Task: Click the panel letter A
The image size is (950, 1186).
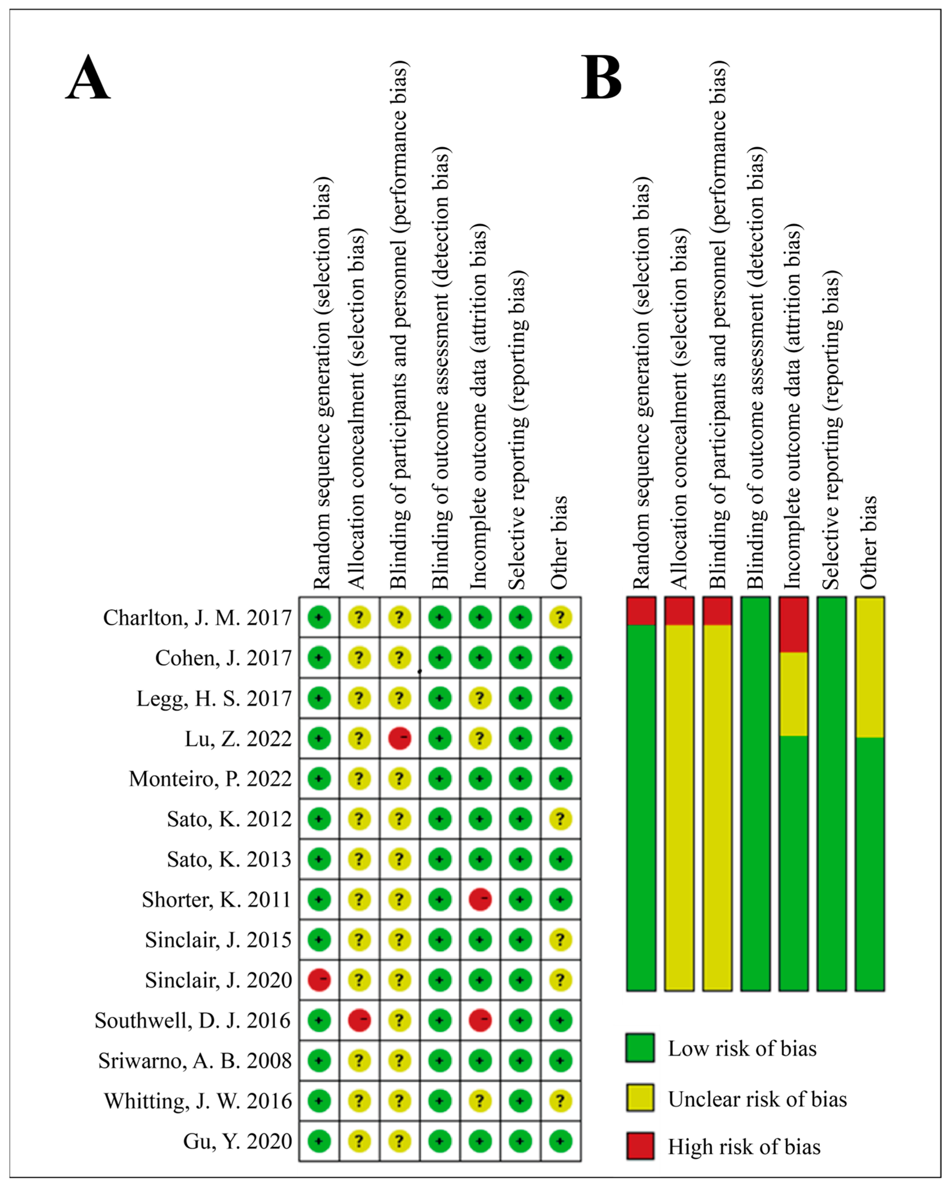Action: click(88, 78)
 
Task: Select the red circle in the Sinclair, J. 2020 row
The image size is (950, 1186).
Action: click(319, 980)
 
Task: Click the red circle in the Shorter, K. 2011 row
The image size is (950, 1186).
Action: click(480, 900)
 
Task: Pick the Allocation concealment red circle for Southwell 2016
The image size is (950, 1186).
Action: click(359, 1020)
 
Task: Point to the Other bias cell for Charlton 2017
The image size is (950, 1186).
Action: click(560, 617)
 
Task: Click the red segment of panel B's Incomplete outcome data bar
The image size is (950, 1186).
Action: click(793, 624)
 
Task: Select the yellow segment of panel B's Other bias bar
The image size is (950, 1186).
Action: click(869, 667)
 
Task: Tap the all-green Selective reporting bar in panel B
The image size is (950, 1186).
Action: click(831, 794)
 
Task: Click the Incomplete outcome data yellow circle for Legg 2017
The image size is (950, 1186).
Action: click(480, 698)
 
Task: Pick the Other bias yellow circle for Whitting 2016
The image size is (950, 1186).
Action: click(560, 1101)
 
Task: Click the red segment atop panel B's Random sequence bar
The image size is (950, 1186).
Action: click(641, 611)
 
